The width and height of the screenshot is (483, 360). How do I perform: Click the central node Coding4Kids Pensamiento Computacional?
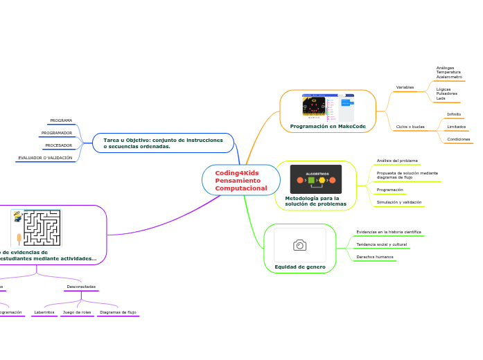tap(240, 180)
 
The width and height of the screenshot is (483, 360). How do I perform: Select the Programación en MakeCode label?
tap(328, 126)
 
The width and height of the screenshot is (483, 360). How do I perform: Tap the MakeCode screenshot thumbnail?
tap(328, 107)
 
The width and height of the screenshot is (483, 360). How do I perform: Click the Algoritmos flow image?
tap(316, 179)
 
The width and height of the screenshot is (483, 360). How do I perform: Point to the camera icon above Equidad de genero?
tap(300, 245)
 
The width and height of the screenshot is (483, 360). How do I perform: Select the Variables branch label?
tap(405, 87)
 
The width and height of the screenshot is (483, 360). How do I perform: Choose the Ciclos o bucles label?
tap(410, 127)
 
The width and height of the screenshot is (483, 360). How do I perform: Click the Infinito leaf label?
tap(454, 114)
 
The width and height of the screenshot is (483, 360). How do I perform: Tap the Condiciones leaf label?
tap(459, 139)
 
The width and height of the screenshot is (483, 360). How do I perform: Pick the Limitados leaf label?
tap(457, 127)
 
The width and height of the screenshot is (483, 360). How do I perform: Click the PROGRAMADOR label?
tap(57, 133)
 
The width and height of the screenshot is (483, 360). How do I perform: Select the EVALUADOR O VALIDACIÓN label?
tap(45, 158)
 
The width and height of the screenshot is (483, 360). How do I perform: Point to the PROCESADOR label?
tap(59, 145)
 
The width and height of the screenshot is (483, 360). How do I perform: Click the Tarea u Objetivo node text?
tap(163, 143)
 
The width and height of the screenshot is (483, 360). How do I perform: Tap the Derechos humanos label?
tap(375, 257)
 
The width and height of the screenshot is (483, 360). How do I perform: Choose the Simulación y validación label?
tap(398, 202)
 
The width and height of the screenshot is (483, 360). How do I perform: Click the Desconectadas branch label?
tap(81, 287)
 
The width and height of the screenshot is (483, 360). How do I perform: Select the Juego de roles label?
tap(77, 312)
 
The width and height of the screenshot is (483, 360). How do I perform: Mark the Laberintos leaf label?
tap(44, 312)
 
